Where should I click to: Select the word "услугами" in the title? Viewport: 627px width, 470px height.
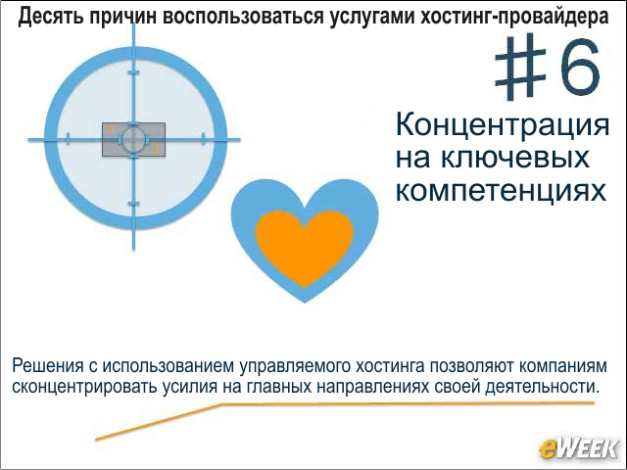click(372, 17)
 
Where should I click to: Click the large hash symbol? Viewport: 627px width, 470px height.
click(521, 67)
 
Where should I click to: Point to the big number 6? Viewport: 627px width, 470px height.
click(581, 66)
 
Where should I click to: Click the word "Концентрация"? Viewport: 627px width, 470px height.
click(503, 125)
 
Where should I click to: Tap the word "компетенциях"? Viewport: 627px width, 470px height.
click(501, 190)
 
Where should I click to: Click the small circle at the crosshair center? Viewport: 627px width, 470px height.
click(133, 139)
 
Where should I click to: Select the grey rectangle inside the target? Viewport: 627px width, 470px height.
click(133, 139)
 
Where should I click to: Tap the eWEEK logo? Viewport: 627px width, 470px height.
click(578, 448)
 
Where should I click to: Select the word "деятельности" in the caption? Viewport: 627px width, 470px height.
click(543, 387)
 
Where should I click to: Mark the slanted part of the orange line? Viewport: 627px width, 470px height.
click(158, 422)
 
